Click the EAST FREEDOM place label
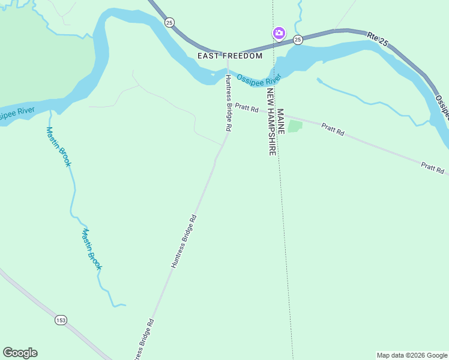(x=231, y=56)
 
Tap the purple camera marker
(x=279, y=33)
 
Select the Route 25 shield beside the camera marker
(x=298, y=40)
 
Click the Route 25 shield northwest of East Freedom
(x=169, y=22)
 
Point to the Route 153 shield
(x=61, y=320)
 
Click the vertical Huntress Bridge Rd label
(x=228, y=103)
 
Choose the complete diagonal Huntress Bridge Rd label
(x=184, y=241)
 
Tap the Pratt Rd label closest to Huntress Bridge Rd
(x=246, y=109)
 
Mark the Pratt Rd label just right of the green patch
(x=333, y=128)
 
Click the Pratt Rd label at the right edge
(x=432, y=167)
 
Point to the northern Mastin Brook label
(x=59, y=147)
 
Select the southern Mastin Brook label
(x=92, y=249)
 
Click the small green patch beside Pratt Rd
(x=295, y=127)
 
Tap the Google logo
(x=20, y=353)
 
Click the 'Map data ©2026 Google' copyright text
(x=412, y=355)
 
